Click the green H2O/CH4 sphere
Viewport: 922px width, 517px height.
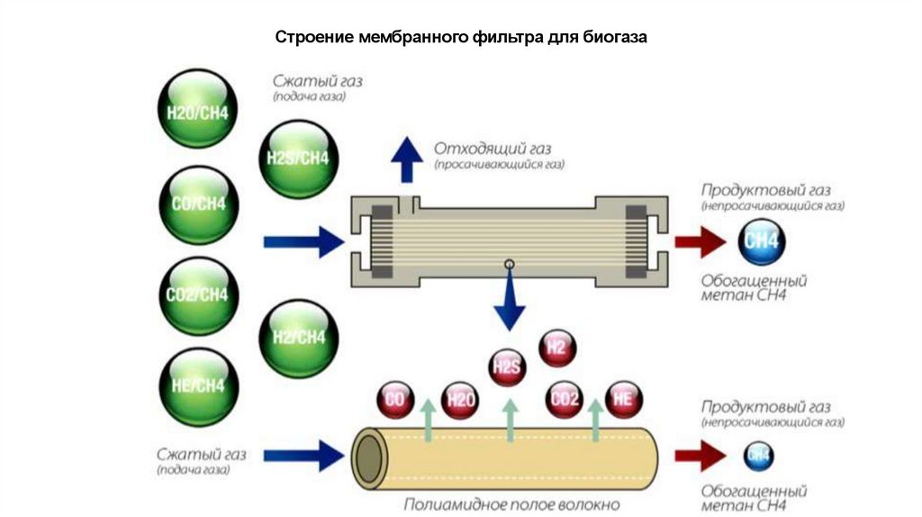(x=198, y=113)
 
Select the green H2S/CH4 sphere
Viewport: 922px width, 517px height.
(x=298, y=159)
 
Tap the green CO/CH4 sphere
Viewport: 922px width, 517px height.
(x=198, y=204)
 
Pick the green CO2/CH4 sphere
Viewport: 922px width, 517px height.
(x=198, y=295)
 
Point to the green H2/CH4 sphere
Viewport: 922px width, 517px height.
(x=298, y=338)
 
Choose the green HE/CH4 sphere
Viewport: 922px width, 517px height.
(x=198, y=385)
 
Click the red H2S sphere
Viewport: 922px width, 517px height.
(x=506, y=367)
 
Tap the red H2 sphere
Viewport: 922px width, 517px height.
(x=556, y=348)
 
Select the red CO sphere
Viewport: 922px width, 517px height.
(x=393, y=400)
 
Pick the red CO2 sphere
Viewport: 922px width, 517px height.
(x=565, y=399)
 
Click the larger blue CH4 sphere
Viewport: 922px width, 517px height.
(x=761, y=241)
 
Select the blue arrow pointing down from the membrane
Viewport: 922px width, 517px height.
(x=509, y=302)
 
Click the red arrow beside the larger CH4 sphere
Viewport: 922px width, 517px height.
(x=701, y=241)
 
